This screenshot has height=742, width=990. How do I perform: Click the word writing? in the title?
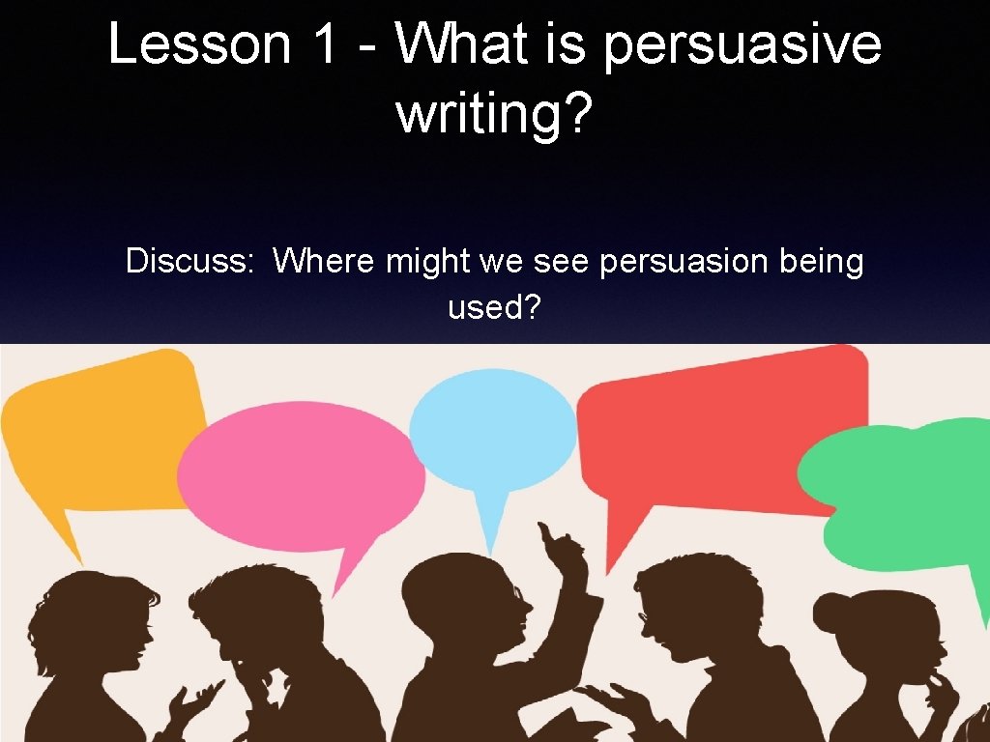494,115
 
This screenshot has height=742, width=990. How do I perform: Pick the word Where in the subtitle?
322,262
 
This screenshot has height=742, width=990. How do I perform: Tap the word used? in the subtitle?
494,308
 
